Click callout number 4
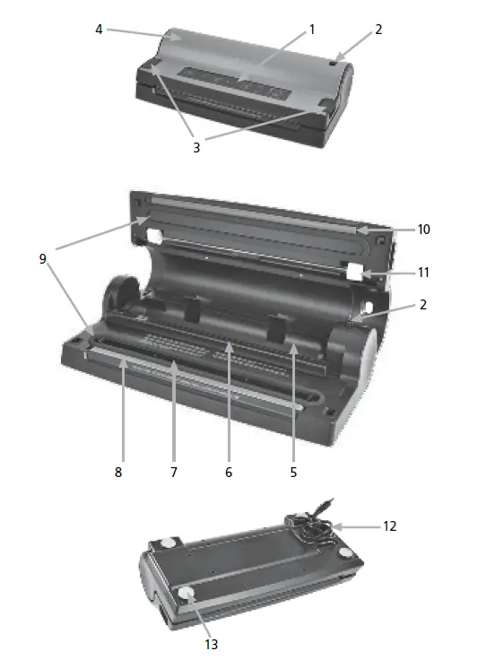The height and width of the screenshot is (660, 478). click(99, 29)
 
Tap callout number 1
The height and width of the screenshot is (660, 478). click(312, 29)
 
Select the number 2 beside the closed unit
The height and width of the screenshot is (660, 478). click(378, 29)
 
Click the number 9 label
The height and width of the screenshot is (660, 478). click(41, 259)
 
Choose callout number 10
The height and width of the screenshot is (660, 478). click(423, 230)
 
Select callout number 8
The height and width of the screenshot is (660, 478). click(118, 470)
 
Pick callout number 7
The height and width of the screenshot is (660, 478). click(174, 470)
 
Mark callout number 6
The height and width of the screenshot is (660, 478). click(229, 470)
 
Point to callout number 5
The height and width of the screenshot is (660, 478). click(293, 470)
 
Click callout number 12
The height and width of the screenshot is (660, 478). click(389, 526)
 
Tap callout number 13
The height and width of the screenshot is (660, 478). click(212, 643)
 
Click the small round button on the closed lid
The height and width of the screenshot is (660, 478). click(333, 64)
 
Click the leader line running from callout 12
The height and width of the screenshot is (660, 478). click(359, 527)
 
